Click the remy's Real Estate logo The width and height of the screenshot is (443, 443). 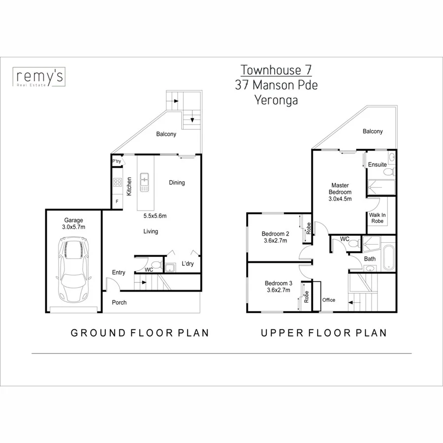click(39, 78)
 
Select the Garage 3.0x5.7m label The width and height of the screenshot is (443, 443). click(74, 223)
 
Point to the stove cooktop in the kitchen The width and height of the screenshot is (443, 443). click(118, 183)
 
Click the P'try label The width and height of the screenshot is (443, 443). click(117, 161)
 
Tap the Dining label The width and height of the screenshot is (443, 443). click(177, 183)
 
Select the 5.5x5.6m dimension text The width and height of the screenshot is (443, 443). click(155, 216)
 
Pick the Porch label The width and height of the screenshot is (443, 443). click(119, 302)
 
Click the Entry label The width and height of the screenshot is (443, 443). click(119, 273)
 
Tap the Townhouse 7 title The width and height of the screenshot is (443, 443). click(276, 70)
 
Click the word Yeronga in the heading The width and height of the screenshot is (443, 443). click(276, 99)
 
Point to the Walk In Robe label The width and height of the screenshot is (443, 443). click(377, 218)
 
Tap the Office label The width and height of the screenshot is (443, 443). click(328, 300)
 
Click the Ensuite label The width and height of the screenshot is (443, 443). click(378, 164)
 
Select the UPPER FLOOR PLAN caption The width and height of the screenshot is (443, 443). click(323, 333)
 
